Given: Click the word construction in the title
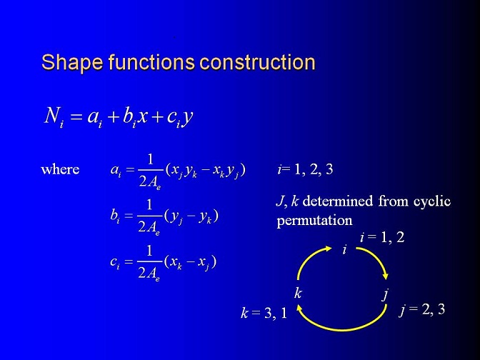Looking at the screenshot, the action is pyautogui.click(x=257, y=62).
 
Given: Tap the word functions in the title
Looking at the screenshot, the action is pyautogui.click(x=151, y=62).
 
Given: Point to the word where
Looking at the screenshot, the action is pyautogui.click(x=60, y=169).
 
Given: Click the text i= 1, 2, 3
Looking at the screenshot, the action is pyautogui.click(x=305, y=169).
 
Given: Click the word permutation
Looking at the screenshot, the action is pyautogui.click(x=314, y=221).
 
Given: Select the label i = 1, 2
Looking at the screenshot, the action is pyautogui.click(x=382, y=237).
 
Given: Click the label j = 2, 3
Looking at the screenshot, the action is pyautogui.click(x=422, y=309).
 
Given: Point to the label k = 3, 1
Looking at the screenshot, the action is pyautogui.click(x=264, y=313).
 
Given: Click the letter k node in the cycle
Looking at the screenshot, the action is pyautogui.click(x=298, y=293).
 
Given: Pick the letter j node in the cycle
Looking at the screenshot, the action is pyautogui.click(x=386, y=295).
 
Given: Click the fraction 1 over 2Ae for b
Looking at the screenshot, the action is pyautogui.click(x=149, y=216).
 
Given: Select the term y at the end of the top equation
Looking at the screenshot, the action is pyautogui.click(x=188, y=118).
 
